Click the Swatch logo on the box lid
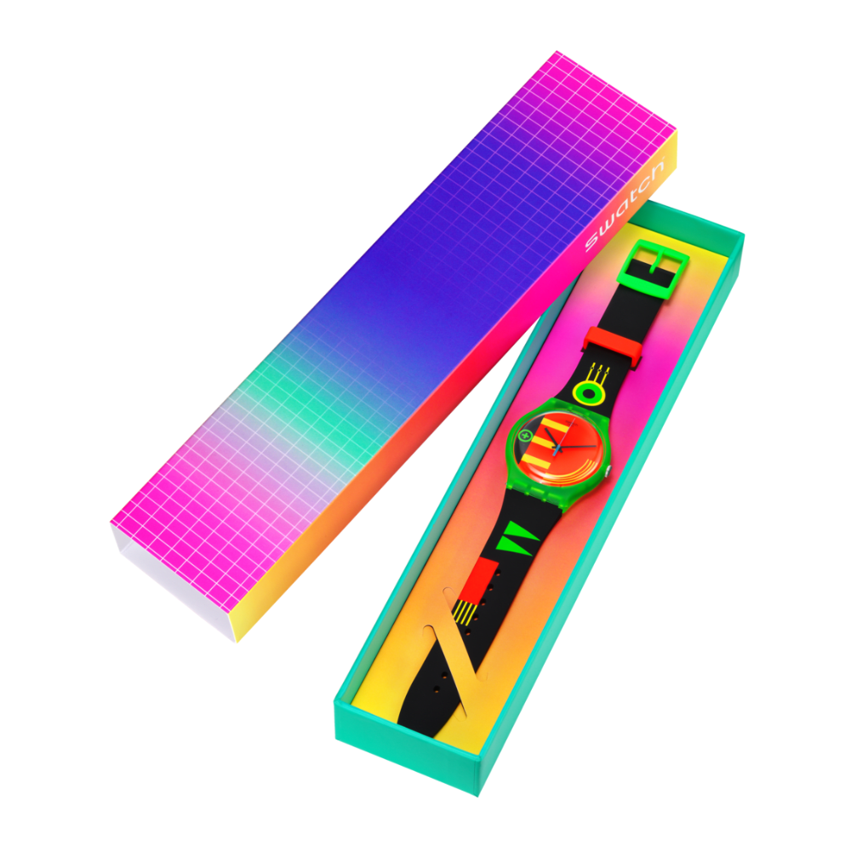pos(625,205)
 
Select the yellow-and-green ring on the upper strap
pos(588,392)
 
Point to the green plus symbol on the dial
pos(525,435)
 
